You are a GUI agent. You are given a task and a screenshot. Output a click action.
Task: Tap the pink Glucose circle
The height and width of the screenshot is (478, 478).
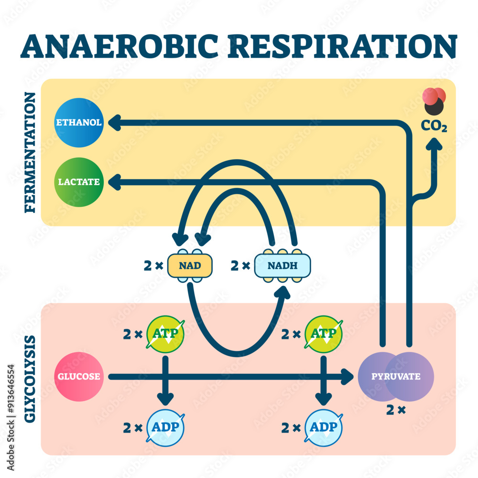pos(79,376)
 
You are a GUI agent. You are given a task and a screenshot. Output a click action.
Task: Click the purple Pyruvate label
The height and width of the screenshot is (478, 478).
pos(396,376)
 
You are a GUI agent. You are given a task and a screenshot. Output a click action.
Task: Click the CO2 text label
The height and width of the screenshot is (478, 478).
pos(434,127)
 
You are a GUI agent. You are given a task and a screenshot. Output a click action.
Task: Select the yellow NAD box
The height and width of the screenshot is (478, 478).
pos(189,264)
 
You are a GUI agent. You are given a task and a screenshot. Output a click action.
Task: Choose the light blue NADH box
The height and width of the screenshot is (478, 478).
pos(282,264)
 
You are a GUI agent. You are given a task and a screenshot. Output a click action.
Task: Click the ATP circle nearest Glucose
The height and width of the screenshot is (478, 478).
pos(165,334)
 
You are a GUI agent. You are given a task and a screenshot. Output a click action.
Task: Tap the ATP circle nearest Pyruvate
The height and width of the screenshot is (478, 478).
pos(324,334)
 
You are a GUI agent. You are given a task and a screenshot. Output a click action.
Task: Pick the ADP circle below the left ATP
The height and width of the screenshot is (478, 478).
pos(165,427)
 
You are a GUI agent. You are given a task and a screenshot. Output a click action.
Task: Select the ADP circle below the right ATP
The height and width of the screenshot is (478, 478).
pos(324,427)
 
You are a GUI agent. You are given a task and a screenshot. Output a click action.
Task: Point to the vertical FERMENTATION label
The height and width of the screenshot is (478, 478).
pos(30,152)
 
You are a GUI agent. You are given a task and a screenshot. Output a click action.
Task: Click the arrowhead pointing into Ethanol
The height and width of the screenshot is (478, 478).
pos(114,123)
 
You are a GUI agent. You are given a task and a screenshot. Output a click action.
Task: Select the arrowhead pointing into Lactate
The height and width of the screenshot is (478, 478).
pos(114,182)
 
